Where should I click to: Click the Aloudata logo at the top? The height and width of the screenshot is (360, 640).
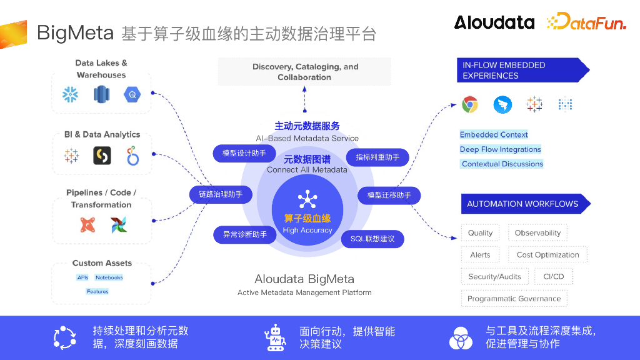point(494,22)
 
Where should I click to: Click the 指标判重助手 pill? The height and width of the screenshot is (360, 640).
point(377,157)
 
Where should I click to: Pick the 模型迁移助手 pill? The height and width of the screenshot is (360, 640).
point(389,195)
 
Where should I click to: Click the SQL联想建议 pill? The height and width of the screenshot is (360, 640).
point(372,239)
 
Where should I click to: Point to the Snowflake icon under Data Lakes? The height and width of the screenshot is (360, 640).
point(69,94)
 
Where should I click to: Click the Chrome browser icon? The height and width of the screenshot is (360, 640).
point(470,104)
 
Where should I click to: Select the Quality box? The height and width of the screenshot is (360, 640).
point(480,233)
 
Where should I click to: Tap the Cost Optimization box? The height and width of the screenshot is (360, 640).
point(547,255)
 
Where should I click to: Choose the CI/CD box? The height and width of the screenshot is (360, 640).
point(554,276)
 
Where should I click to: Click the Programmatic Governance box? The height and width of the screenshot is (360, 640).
point(514,299)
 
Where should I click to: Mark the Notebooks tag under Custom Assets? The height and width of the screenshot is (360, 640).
point(109,277)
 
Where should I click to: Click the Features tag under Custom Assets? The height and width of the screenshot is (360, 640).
point(97,291)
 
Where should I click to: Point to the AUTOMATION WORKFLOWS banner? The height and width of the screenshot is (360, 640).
point(524,204)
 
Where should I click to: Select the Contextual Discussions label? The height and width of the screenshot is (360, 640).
point(502,164)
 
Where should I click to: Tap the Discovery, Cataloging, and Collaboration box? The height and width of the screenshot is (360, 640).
point(304,72)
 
